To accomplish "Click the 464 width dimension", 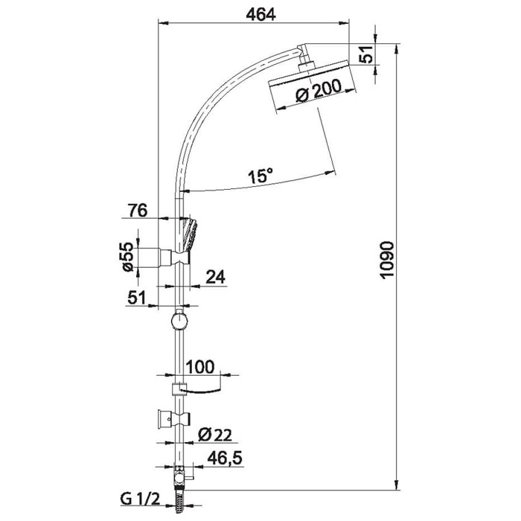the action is pos(260,14).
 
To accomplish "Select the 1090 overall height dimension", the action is pos(388,260).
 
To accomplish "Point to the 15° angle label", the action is pos(261,176).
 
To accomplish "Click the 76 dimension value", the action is pos(138,211).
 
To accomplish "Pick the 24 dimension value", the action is pos(215,277).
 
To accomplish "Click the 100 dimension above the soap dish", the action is pos(200,367).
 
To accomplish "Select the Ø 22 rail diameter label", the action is pos(214,435).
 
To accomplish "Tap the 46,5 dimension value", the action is pos(225,459).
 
